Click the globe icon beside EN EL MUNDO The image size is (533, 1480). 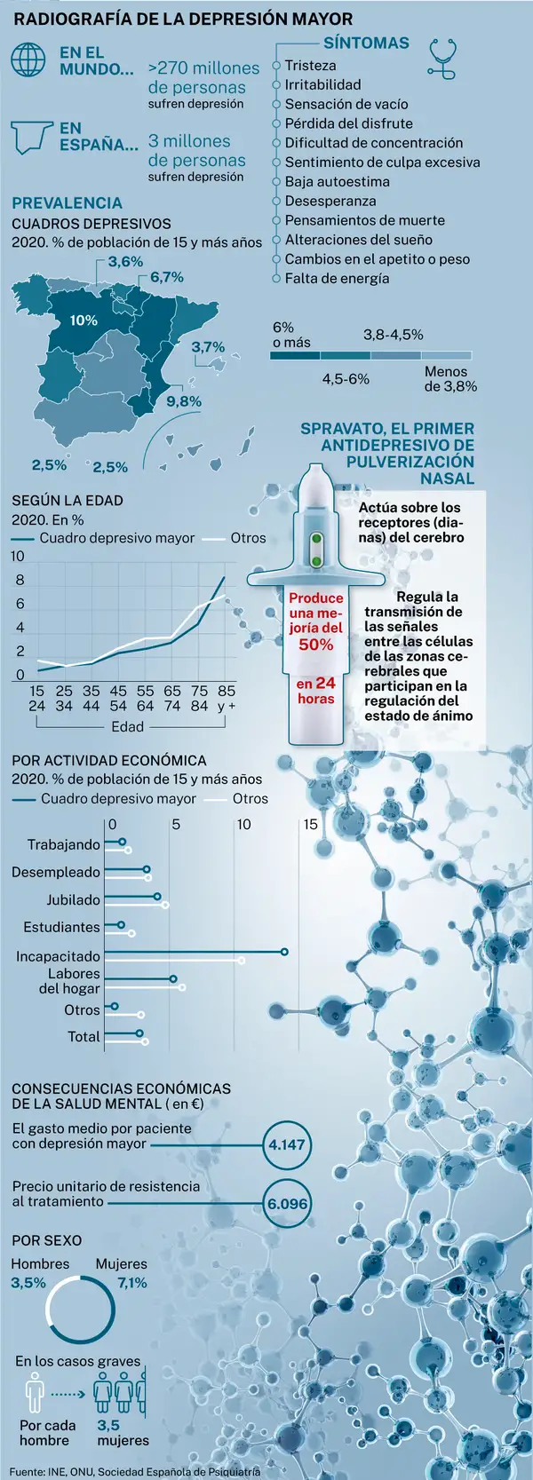point(28,59)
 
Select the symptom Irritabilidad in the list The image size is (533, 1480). point(322,84)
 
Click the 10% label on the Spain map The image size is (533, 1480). point(84,321)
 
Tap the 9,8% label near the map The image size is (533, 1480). point(184,401)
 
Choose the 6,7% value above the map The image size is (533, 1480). point(167,277)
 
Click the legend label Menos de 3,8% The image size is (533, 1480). point(449,379)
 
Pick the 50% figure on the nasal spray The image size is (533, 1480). point(315,645)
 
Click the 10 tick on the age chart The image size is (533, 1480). point(18,557)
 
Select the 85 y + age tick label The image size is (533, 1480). point(227,698)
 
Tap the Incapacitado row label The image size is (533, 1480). point(58,956)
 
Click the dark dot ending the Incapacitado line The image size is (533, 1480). point(284,952)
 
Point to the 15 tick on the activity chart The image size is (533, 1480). point(310,824)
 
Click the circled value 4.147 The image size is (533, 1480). point(287,1144)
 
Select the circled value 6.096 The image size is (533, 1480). point(287,1205)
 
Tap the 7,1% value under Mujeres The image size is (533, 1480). point(132,1283)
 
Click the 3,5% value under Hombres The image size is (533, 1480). point(28,1283)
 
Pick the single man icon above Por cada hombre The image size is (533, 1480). point(35,1393)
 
